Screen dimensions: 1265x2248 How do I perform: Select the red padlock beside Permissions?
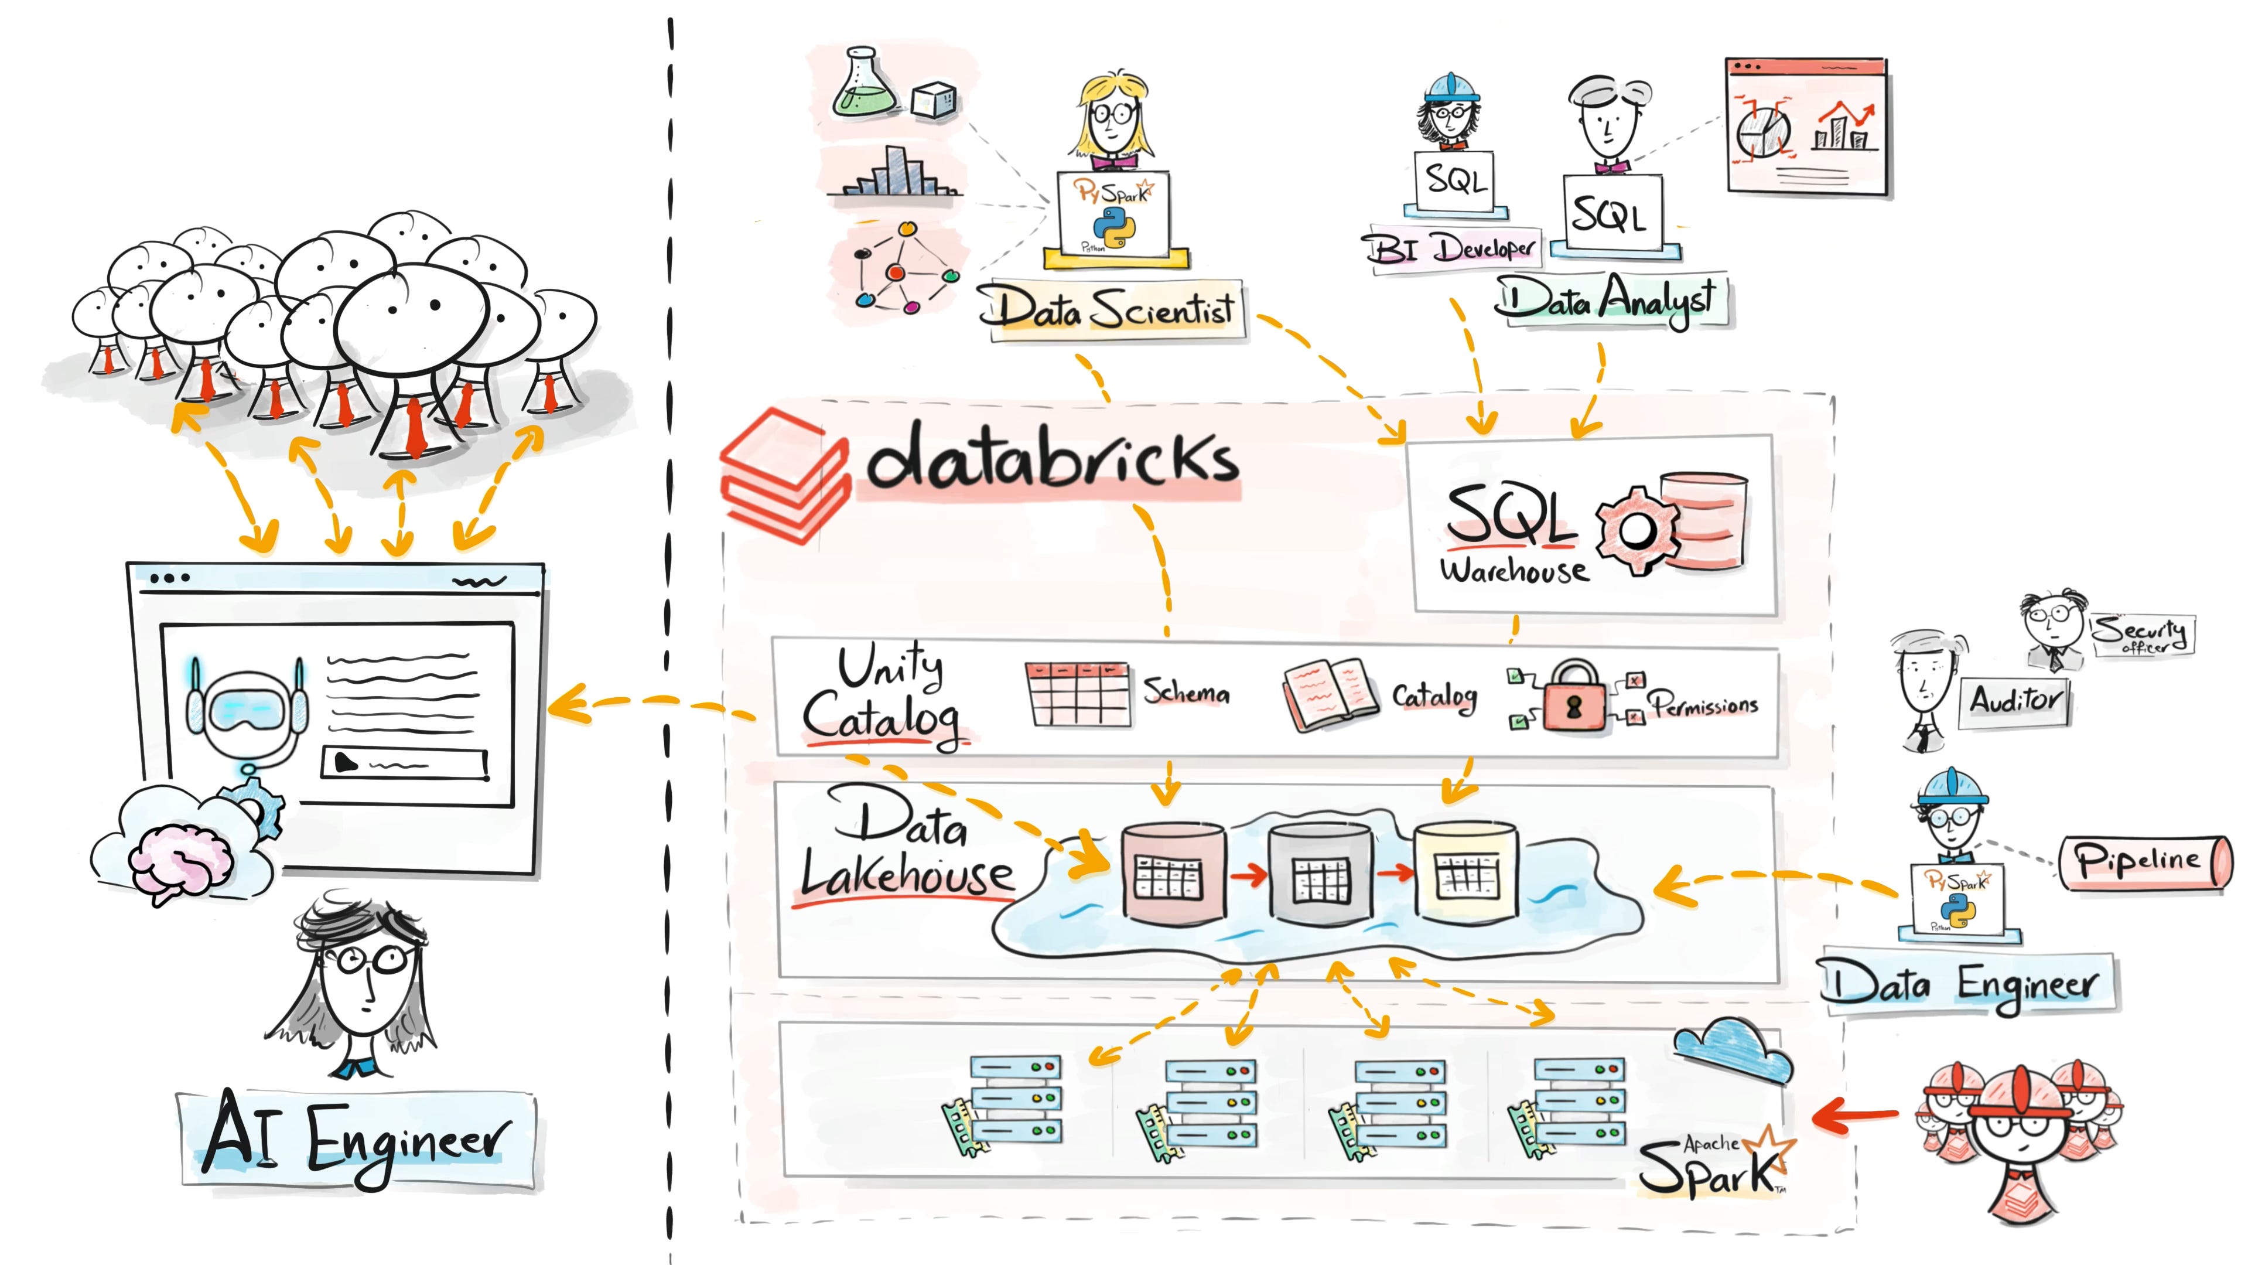coord(1573,698)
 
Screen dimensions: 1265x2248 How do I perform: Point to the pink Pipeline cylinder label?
coord(2143,862)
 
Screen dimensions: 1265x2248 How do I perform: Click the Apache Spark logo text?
coord(1710,1165)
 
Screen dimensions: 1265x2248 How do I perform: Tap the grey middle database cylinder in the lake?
coord(1320,873)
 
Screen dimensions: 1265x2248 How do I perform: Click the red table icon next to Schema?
coord(1076,695)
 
